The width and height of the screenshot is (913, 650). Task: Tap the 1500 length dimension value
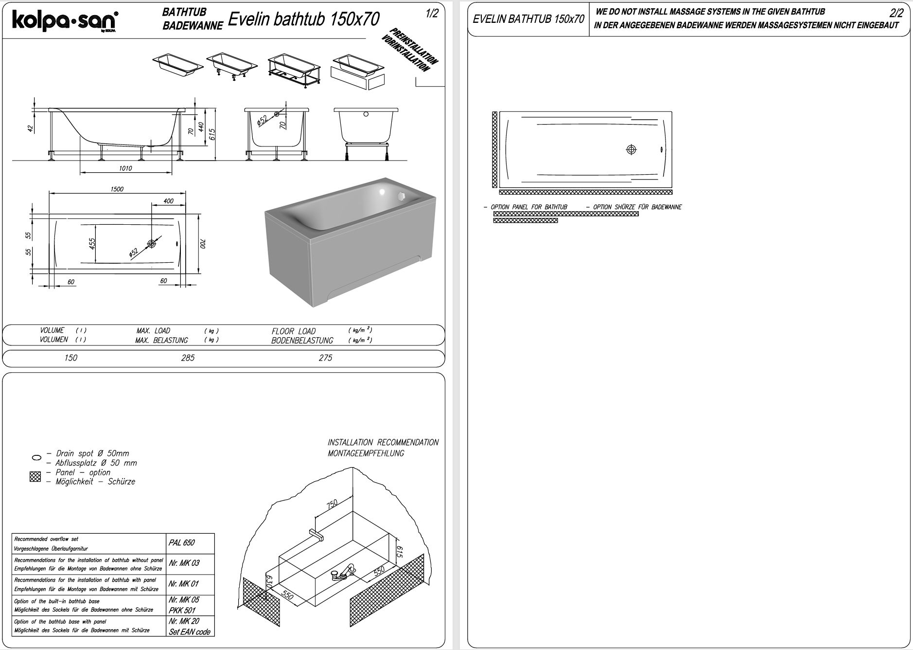117,189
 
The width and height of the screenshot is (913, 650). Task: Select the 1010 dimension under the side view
125,168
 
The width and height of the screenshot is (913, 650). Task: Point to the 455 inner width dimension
92,243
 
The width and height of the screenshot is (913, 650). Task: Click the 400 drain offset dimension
168,201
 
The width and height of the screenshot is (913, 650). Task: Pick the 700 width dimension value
203,243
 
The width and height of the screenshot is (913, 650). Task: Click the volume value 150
70,358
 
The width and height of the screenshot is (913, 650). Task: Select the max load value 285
188,358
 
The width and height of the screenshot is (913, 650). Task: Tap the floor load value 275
325,358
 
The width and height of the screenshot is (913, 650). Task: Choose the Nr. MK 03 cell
184,563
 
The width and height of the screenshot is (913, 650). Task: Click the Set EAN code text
190,632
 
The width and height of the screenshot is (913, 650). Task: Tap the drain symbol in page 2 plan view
631,149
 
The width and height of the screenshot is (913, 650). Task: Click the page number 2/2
896,14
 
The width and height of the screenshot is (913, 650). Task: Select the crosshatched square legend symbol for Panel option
35,477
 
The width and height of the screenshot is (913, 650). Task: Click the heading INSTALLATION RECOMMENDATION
383,442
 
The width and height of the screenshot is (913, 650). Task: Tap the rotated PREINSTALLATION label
413,47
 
